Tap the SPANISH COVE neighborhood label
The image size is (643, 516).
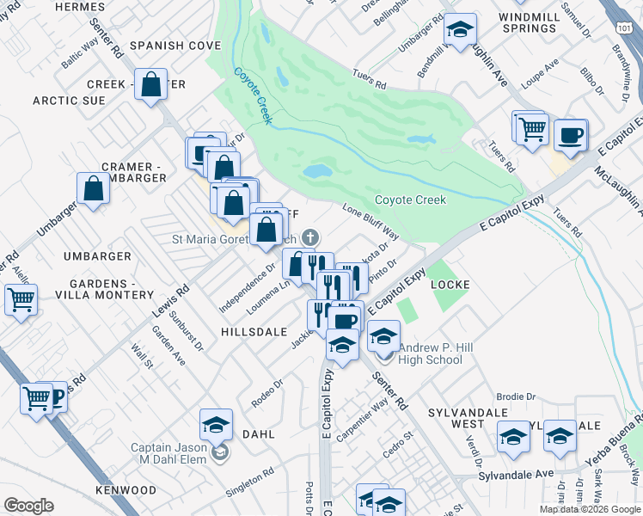coord(170,45)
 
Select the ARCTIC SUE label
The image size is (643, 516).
coord(69,101)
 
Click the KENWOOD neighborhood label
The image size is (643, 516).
coord(126,489)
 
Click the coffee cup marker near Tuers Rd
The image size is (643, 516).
coord(570,134)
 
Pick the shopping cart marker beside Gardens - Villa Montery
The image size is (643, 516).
coord(20,300)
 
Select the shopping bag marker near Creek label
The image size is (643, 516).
coord(151,85)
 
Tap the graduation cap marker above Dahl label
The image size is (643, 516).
coord(217,423)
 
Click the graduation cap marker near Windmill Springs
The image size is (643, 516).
coord(461,30)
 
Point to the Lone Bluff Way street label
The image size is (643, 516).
coord(370,222)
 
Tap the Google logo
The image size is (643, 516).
coord(28,506)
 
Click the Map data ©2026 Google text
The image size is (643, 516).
coord(589,509)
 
